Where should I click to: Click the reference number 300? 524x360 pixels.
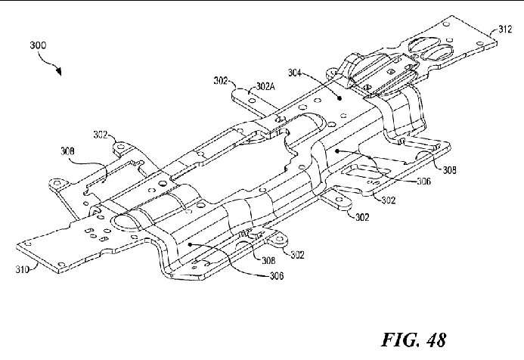click(x=38, y=45)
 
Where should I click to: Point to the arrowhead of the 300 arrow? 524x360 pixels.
click(x=59, y=71)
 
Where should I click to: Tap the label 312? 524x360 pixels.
click(x=505, y=29)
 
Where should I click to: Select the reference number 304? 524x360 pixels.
click(x=294, y=73)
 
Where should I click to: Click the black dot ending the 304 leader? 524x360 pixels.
click(x=340, y=98)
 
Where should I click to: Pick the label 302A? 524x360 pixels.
click(x=265, y=86)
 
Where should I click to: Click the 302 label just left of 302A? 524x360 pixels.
click(x=221, y=81)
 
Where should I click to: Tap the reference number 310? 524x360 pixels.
click(x=22, y=269)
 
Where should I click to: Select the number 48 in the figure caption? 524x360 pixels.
click(x=436, y=340)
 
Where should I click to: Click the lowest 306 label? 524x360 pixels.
click(x=277, y=276)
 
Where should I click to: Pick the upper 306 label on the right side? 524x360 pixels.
click(x=423, y=182)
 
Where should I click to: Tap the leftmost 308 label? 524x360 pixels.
click(x=67, y=151)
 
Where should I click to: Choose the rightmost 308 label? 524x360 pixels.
click(x=449, y=170)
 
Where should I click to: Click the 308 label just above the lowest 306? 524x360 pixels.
click(x=268, y=260)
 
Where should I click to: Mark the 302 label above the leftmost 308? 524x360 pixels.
click(x=101, y=135)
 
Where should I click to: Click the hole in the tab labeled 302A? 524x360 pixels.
click(x=253, y=101)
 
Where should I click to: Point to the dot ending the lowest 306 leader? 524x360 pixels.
click(x=190, y=244)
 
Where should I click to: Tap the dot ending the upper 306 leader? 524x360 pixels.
click(x=337, y=151)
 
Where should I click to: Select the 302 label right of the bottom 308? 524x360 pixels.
click(x=297, y=255)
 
